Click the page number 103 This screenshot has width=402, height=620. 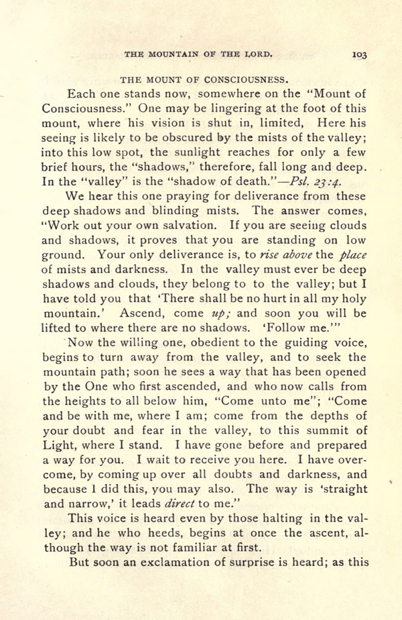(358, 56)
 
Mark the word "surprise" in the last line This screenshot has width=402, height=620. (270, 562)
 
